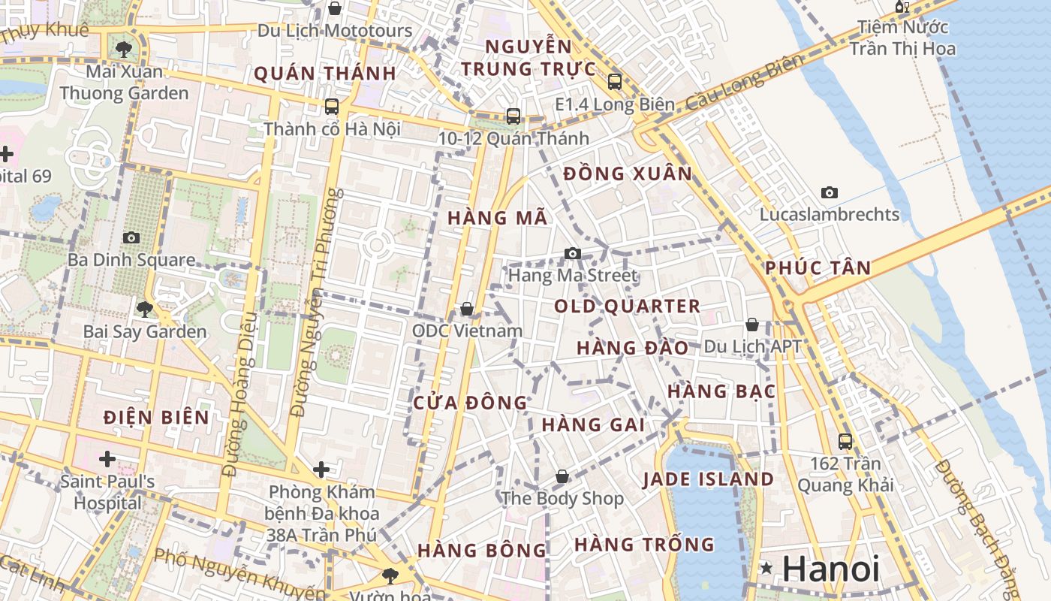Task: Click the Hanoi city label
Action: coord(830,569)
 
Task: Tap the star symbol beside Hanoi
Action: coord(766,569)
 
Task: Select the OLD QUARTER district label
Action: coord(627,307)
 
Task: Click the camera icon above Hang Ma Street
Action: coord(573,253)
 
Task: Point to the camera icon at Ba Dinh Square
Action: coord(131,237)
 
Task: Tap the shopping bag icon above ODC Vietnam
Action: coord(467,309)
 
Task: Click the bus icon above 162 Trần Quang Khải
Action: coord(845,442)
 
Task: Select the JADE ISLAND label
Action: coord(708,479)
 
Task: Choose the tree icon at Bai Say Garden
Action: coord(145,309)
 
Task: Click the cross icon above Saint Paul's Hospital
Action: coord(107,458)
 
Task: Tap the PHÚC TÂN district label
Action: coord(818,268)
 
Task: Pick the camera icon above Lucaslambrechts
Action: coord(829,192)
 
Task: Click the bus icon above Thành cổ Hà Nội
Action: coord(332,107)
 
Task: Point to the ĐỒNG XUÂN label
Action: coord(628,174)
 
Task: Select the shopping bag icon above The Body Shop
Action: coord(562,476)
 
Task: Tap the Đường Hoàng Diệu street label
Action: coord(242,394)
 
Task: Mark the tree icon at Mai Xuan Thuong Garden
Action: coord(124,50)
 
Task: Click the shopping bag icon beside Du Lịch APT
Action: coord(752,325)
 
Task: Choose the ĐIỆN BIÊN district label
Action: coord(157,418)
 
